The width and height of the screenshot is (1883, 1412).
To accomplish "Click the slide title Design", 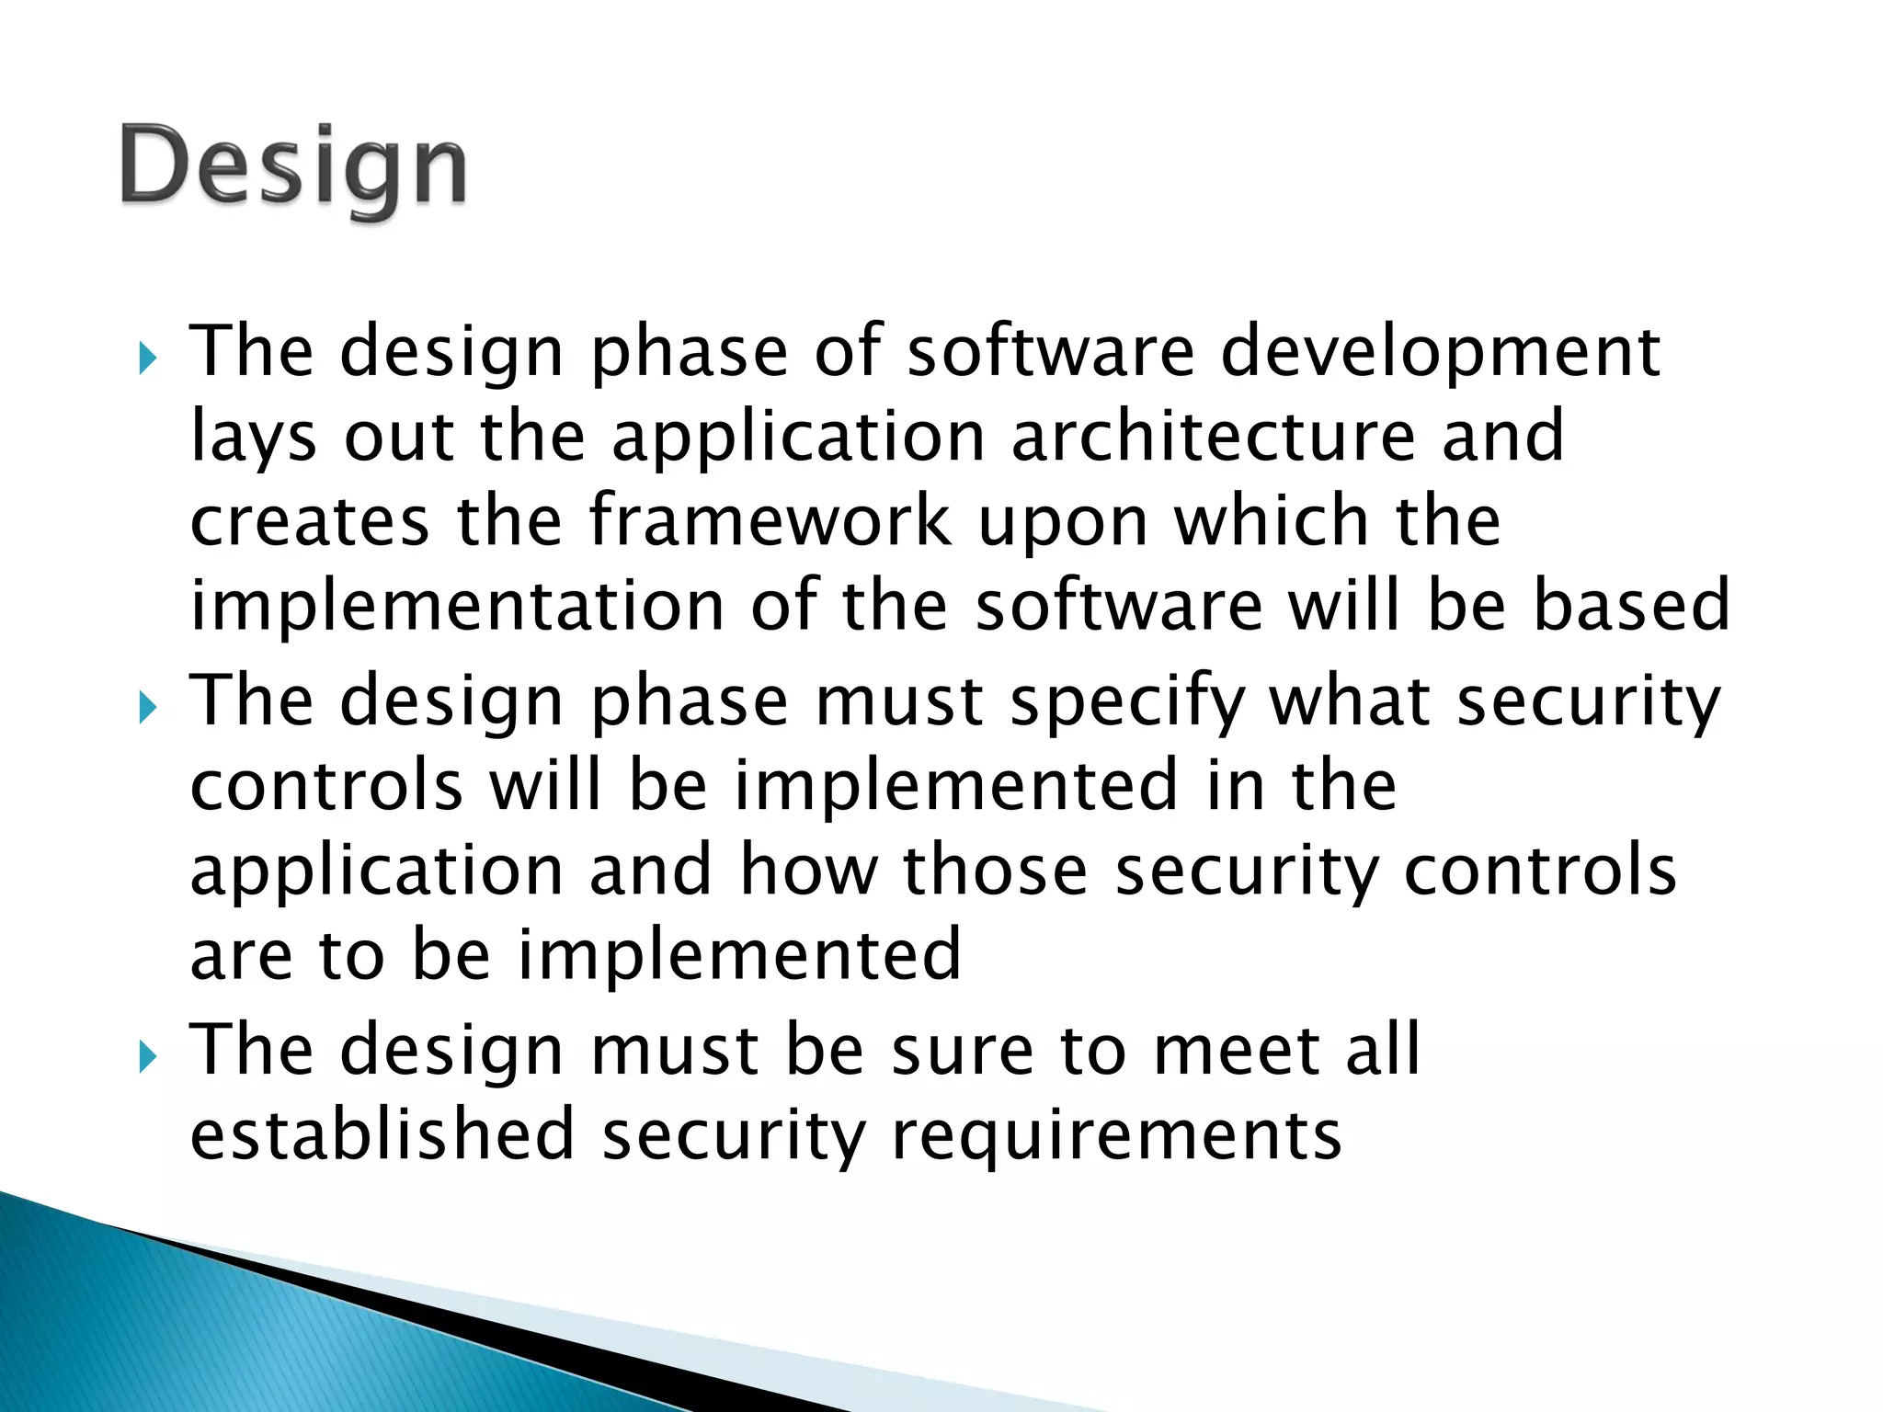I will coord(293,167).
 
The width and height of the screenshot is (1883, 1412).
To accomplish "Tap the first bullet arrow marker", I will coord(149,359).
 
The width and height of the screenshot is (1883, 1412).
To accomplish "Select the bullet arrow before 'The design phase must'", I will coord(149,708).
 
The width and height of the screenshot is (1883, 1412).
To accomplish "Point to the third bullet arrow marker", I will coord(149,1057).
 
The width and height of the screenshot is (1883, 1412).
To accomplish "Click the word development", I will coord(1440,354).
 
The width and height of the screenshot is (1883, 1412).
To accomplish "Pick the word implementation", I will coord(458,607).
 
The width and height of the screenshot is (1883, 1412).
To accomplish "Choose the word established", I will coord(382,1134).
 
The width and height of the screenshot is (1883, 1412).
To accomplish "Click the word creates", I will coord(310,522).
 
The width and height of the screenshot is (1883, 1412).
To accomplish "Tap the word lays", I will coord(254,438).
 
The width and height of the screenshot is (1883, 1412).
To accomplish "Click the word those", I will coord(996,871).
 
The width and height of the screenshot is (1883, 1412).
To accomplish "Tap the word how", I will coord(809,871).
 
